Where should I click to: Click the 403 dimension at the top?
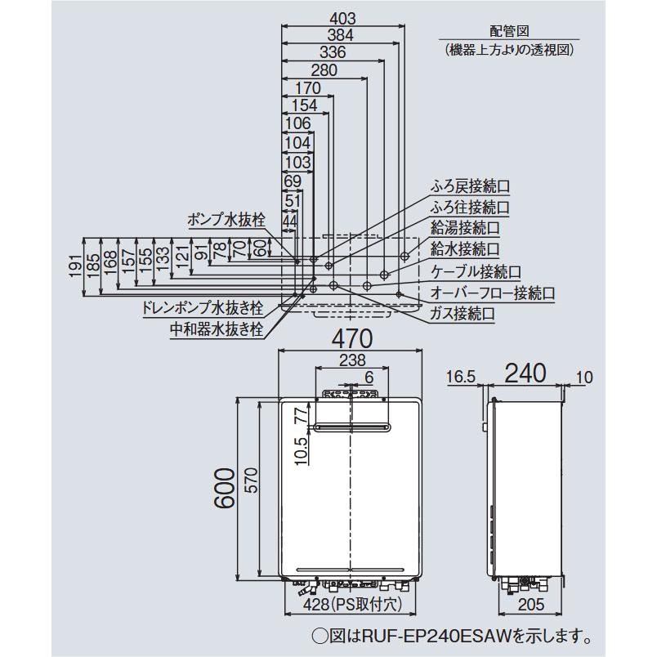(342, 16)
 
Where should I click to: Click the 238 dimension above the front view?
(350, 360)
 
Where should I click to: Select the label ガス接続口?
(463, 313)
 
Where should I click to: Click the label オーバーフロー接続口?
(493, 292)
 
